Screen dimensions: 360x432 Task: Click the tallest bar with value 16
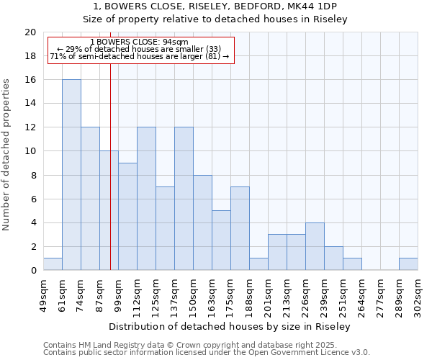(71, 175)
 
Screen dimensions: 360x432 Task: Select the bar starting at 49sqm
(53, 264)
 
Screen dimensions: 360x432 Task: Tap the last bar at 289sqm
(408, 264)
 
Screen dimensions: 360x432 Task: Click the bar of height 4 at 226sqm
(315, 246)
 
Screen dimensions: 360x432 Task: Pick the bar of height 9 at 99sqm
(127, 217)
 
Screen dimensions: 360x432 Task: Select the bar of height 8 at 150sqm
(202, 222)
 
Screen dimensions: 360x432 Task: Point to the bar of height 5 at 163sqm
(221, 240)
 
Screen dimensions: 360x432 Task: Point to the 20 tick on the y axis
(30, 32)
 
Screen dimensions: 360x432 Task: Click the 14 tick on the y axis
(30, 104)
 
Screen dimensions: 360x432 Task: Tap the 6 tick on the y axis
(32, 199)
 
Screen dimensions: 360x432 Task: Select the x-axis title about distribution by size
(230, 327)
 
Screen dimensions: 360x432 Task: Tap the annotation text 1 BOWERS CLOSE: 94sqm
(140, 42)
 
